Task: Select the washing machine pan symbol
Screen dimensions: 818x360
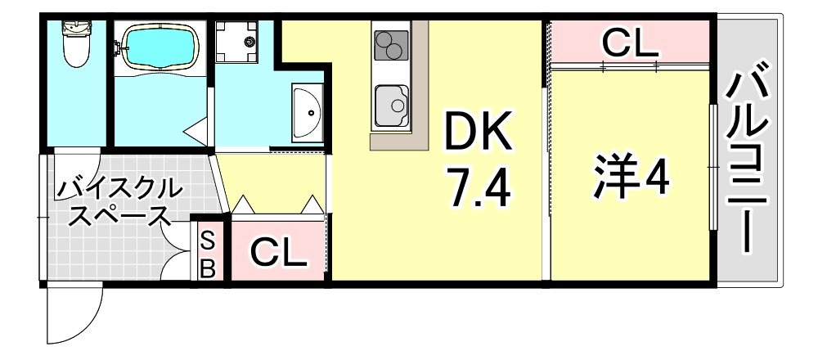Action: [236, 41]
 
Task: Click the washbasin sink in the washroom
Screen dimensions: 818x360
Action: [308, 112]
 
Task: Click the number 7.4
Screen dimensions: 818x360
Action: [479, 187]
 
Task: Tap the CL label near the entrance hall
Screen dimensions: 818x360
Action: [277, 253]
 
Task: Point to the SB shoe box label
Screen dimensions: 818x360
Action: [208, 255]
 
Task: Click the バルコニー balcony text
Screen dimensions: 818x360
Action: [748, 162]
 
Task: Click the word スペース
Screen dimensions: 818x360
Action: [119, 216]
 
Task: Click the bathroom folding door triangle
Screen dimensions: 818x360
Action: [196, 131]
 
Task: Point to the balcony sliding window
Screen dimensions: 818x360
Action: [712, 167]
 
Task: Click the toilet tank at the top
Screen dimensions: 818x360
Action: [76, 26]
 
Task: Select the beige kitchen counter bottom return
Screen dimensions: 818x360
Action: [398, 141]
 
